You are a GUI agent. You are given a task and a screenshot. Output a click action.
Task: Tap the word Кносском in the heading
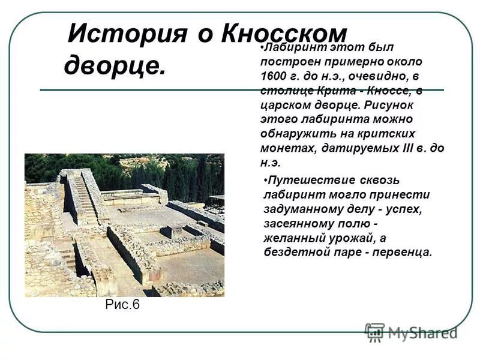click(284, 32)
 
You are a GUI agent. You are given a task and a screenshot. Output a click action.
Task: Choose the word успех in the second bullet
click(409, 209)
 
